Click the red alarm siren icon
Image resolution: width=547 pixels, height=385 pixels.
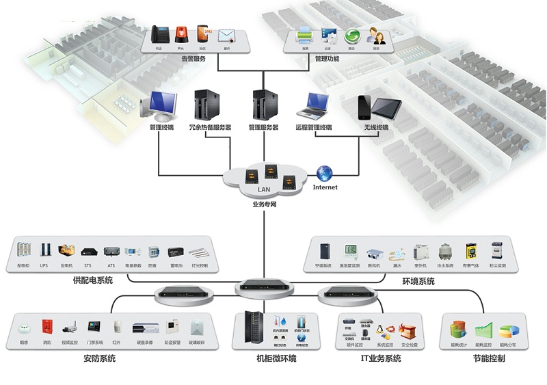181,34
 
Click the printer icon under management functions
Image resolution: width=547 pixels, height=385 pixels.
305,35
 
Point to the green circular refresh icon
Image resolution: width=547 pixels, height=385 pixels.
351,36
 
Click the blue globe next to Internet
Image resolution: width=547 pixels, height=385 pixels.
325,174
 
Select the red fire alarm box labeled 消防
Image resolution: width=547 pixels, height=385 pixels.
47,328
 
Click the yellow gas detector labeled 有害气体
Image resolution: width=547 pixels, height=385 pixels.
471,251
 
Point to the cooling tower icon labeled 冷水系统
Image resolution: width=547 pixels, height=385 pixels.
445,251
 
